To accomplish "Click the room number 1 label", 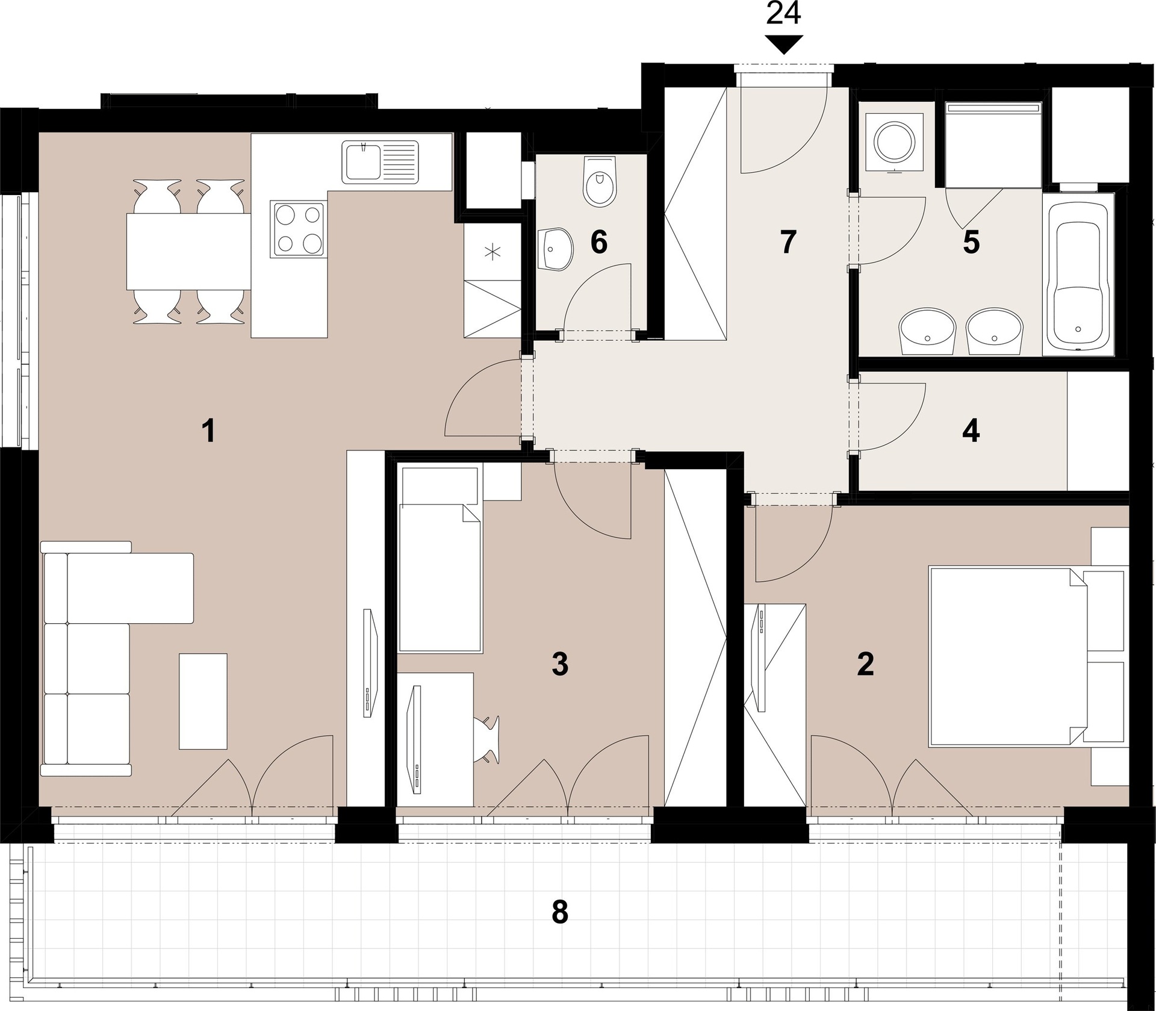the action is click(208, 432).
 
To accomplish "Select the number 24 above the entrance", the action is click(783, 14).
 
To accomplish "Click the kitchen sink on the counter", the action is click(380, 161).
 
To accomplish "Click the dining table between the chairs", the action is click(188, 251).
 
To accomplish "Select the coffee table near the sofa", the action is click(203, 701).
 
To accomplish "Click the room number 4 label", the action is click(971, 432).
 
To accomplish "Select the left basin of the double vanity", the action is click(927, 331).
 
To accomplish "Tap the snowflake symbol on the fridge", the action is click(493, 252).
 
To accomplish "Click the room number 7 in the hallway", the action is click(788, 242).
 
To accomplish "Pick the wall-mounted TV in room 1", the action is click(368, 662).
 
